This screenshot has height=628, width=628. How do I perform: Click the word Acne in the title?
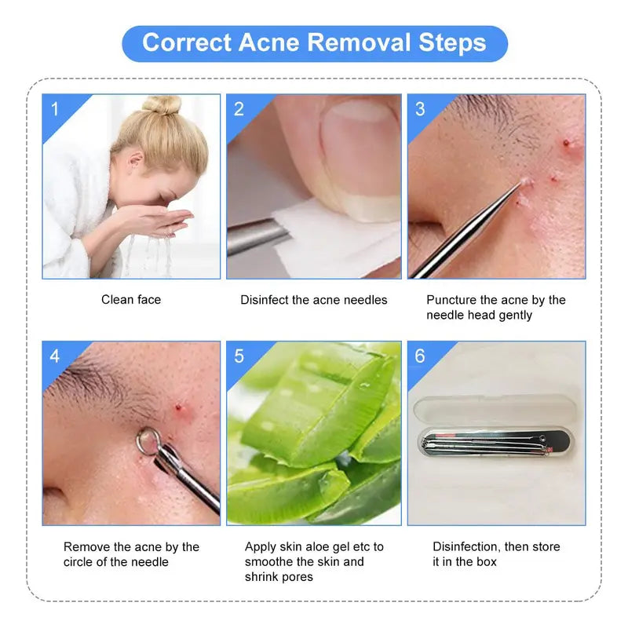(x=268, y=42)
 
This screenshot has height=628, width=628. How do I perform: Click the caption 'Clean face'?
(x=131, y=300)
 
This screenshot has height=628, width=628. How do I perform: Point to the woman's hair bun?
(x=162, y=105)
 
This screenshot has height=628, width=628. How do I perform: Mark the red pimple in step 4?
(x=178, y=407)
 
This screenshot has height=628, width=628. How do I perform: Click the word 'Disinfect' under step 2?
(x=265, y=300)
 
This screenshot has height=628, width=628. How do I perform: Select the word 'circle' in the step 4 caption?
(x=78, y=562)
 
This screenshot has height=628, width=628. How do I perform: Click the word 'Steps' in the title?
(x=452, y=43)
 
